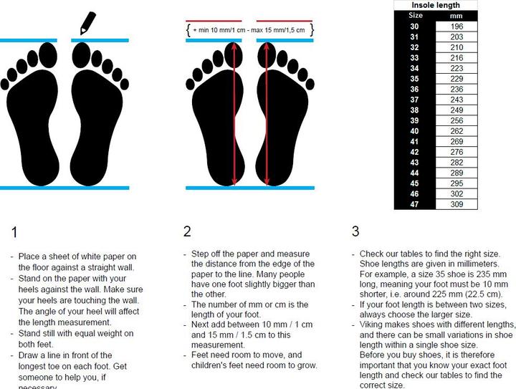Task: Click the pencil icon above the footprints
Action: pyautogui.click(x=88, y=23)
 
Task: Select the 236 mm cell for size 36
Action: pyautogui.click(x=457, y=89)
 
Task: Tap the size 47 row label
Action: pyautogui.click(x=414, y=204)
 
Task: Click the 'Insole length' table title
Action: pyautogui.click(x=436, y=5)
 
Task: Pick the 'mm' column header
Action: pyautogui.click(x=456, y=16)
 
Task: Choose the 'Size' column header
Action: pyautogui.click(x=415, y=16)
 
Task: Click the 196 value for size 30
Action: pyautogui.click(x=457, y=27)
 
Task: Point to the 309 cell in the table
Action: pyautogui.click(x=457, y=204)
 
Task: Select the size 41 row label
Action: pyautogui.click(x=414, y=141)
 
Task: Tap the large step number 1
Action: pyautogui.click(x=14, y=232)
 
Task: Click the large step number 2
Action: pyautogui.click(x=187, y=231)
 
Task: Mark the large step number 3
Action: pyautogui.click(x=355, y=231)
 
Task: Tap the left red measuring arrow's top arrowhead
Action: pyautogui.click(x=234, y=46)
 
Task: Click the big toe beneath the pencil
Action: pyautogui.click(x=81, y=55)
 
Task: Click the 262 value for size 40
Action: pyautogui.click(x=457, y=131)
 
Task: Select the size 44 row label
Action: pyautogui.click(x=414, y=173)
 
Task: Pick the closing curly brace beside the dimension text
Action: pyautogui.click(x=312, y=30)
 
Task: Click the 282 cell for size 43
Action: pyautogui.click(x=457, y=163)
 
